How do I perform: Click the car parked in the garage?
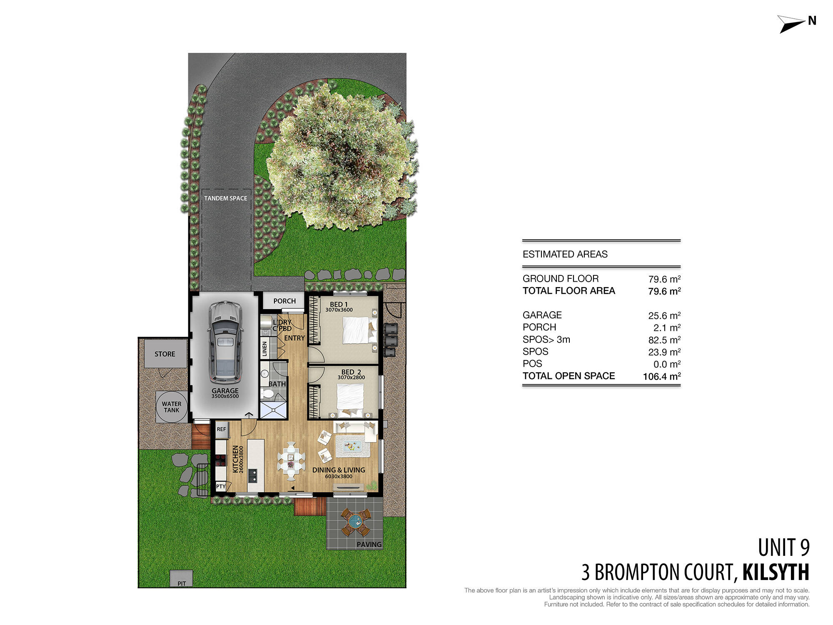pyautogui.click(x=225, y=342)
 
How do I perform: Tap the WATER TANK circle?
pyautogui.click(x=172, y=407)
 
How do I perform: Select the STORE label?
pyautogui.click(x=165, y=354)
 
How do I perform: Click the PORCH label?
pyautogui.click(x=284, y=301)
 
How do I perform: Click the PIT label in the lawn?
pyautogui.click(x=182, y=583)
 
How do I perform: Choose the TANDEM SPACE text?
pyautogui.click(x=225, y=198)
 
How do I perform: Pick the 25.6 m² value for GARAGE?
pyautogui.click(x=664, y=316)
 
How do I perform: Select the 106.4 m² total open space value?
pyautogui.click(x=661, y=377)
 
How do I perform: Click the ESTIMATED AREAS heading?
pyautogui.click(x=565, y=254)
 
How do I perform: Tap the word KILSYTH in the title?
pyautogui.click(x=776, y=572)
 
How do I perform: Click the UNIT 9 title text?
pyautogui.click(x=783, y=548)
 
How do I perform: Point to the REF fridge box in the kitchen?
pyautogui.click(x=221, y=429)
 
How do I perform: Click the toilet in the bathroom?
pyautogui.click(x=267, y=393)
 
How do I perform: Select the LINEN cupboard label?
pyautogui.click(x=264, y=349)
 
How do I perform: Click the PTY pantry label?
pyautogui.click(x=221, y=486)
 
